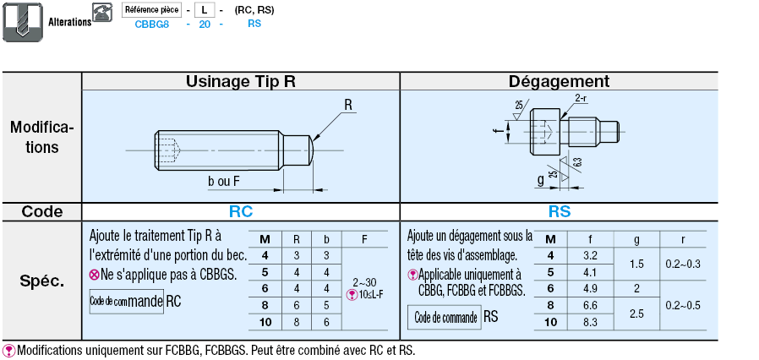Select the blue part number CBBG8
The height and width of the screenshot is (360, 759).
[x=152, y=25]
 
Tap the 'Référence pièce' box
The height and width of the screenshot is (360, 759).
[x=152, y=10]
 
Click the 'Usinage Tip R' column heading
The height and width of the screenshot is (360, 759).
[x=240, y=81]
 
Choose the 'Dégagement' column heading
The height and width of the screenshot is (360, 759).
[x=559, y=81]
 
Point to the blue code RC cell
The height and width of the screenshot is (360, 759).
[x=240, y=212]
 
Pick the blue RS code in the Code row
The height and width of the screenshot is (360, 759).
[x=559, y=212]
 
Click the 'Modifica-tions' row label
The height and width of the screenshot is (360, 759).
[x=41, y=137]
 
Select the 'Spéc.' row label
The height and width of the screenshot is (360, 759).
[x=41, y=281]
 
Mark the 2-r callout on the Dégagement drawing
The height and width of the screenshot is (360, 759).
[x=581, y=99]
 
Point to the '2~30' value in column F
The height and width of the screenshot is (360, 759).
[x=363, y=281]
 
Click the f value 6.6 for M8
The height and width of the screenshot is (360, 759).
[x=591, y=305]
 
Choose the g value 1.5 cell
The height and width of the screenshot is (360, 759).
[x=637, y=264]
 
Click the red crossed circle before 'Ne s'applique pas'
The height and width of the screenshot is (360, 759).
[x=94, y=275]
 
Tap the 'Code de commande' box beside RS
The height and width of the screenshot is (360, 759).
[x=443, y=318]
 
